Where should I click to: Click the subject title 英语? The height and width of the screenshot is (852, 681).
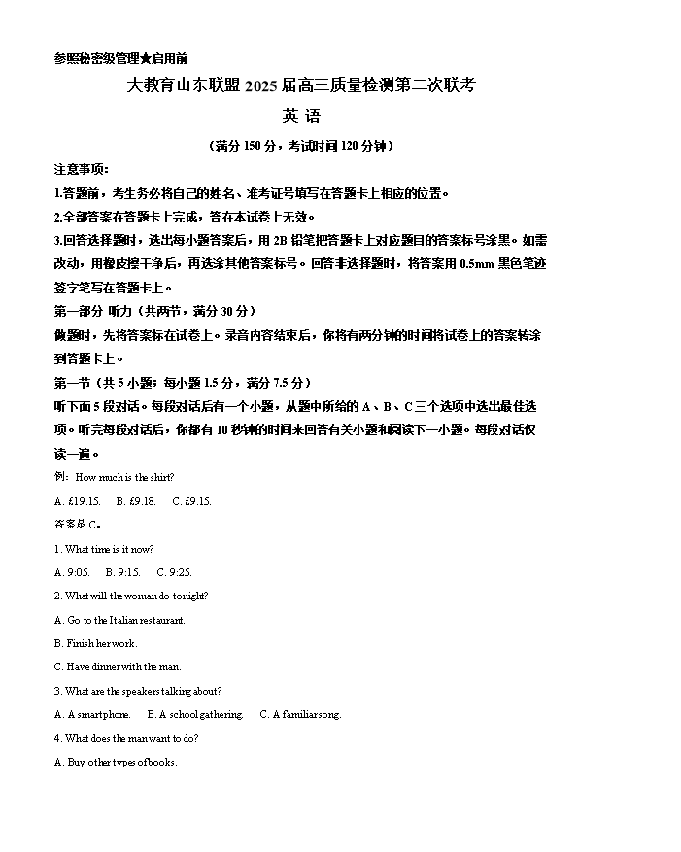[301, 117]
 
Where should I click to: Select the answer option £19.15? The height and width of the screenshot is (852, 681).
[78, 501]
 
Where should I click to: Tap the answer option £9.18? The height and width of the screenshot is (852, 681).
[136, 501]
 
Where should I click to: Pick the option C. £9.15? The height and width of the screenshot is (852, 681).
[191, 501]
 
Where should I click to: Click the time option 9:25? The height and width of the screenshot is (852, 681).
[174, 572]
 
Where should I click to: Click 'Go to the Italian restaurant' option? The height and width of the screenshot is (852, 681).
[119, 620]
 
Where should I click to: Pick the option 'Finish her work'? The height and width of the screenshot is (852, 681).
[96, 643]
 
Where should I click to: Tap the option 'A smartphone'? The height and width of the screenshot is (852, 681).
[92, 714]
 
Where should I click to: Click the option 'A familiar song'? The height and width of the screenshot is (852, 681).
[300, 714]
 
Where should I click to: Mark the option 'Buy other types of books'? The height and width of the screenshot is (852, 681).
[116, 762]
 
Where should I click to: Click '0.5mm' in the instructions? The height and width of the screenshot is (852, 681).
[474, 263]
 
